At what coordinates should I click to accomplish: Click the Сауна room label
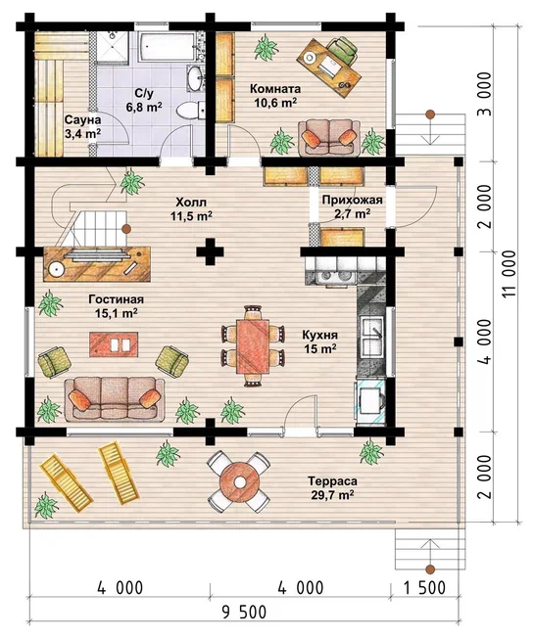click(x=82, y=120)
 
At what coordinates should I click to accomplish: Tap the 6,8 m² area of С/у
click(x=144, y=107)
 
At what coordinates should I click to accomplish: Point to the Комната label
click(x=275, y=88)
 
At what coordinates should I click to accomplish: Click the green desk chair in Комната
click(x=343, y=49)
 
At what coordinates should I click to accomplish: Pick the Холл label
click(x=191, y=202)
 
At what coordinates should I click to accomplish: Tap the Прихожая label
click(x=353, y=200)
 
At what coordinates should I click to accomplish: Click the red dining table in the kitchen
click(x=253, y=345)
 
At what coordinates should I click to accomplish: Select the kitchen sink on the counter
click(x=371, y=334)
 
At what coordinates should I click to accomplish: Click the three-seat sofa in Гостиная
click(x=114, y=399)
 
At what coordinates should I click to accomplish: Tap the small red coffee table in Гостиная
click(x=114, y=344)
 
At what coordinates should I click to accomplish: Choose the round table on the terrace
click(x=238, y=481)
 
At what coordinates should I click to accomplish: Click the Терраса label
click(x=332, y=480)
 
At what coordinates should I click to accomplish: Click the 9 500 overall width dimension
click(x=244, y=612)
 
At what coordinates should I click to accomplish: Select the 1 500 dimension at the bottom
click(x=424, y=587)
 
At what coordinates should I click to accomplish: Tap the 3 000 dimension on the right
click(x=484, y=94)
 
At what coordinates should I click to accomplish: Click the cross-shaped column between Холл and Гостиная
click(x=211, y=251)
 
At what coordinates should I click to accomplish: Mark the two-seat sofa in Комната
click(x=329, y=137)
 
